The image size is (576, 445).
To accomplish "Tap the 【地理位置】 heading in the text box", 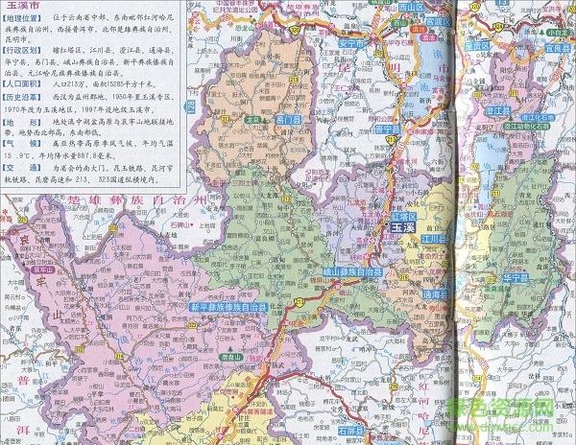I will pyautogui.click(x=26, y=18).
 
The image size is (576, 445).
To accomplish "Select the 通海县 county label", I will pyautogui.click(x=436, y=293).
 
